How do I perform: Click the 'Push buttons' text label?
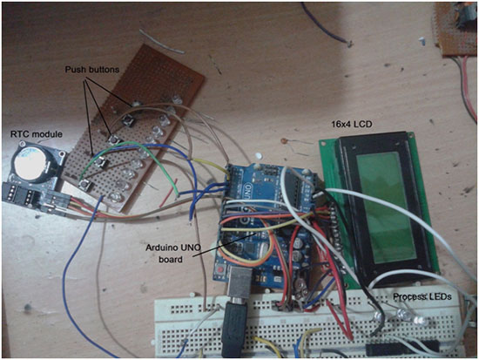click(x=92, y=70)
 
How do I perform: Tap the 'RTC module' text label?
click(x=37, y=134)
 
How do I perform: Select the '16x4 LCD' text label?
click(x=352, y=124)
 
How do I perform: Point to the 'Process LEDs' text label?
click(x=422, y=296)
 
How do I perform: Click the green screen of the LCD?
click(x=387, y=207)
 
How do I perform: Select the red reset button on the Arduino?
click(x=220, y=270)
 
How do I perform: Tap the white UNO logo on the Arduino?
click(x=249, y=191)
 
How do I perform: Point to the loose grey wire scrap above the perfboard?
click(x=162, y=42)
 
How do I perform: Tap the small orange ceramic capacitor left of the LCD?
click(x=284, y=141)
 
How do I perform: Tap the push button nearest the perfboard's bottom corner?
click(x=85, y=185)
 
